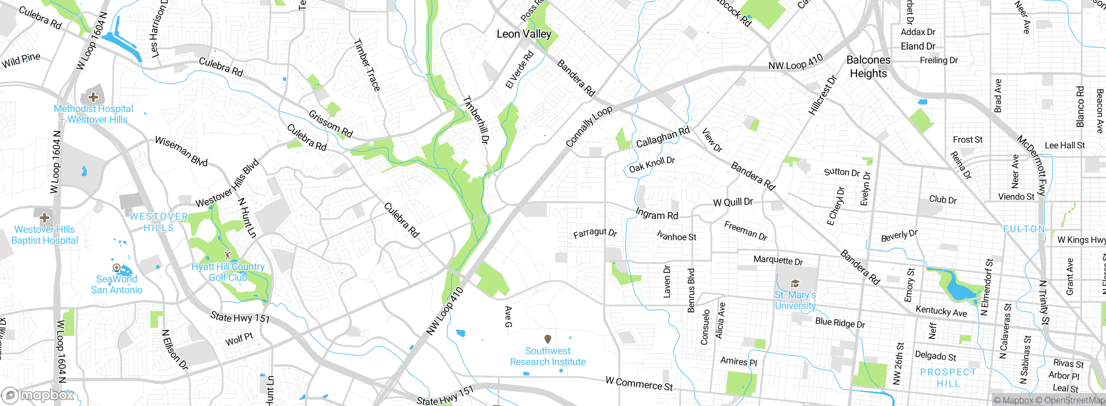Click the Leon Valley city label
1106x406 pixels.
coord(524,34)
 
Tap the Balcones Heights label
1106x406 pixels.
coord(868,67)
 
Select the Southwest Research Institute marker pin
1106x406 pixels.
coord(547,339)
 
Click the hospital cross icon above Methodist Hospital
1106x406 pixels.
coord(93,97)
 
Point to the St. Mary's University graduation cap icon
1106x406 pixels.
coord(795,283)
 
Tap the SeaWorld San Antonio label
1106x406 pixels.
coord(117,284)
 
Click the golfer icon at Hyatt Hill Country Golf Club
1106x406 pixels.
coord(228,255)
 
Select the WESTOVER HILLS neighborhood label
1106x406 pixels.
coord(159,222)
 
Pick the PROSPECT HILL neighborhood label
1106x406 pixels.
coord(948,377)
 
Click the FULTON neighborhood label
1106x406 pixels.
coord(1024,229)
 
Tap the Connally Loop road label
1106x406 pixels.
coord(589,126)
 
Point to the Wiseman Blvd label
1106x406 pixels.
coord(181,151)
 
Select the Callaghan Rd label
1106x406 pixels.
coord(663,137)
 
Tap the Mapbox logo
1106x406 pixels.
coord(39,395)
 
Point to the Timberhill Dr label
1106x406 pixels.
coord(476,120)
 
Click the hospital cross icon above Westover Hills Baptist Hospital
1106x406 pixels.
coord(44,217)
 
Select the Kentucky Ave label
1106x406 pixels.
coord(941,311)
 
